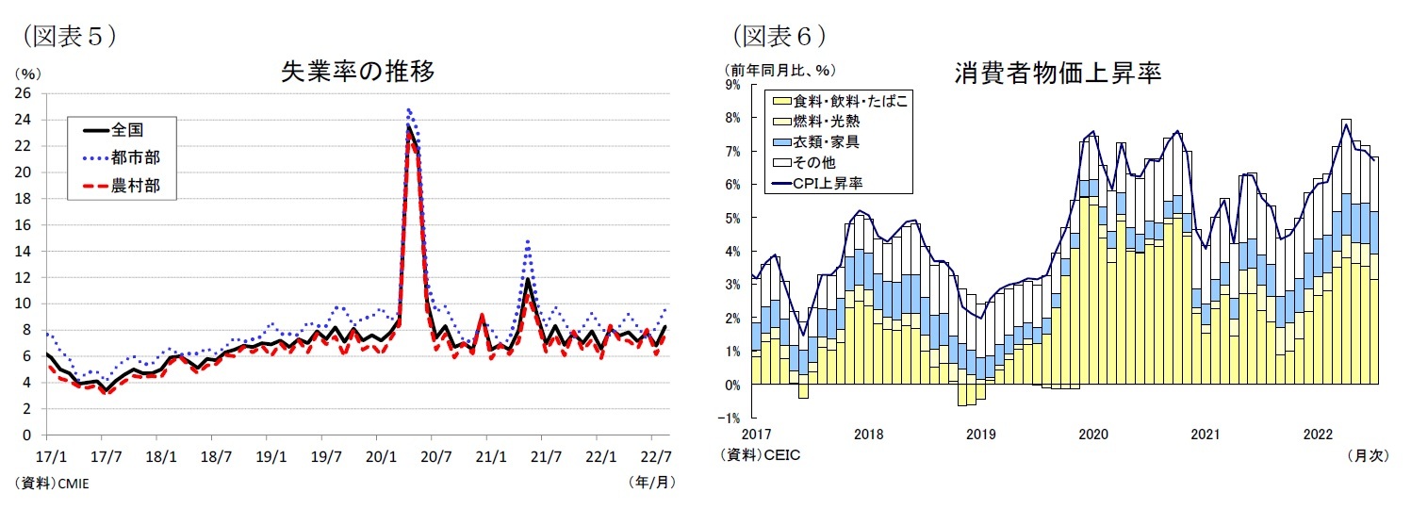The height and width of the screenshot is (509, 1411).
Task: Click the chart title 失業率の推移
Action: [357, 73]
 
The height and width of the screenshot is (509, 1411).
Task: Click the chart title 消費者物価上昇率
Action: [1056, 73]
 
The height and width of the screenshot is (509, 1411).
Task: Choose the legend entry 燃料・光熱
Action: [826, 122]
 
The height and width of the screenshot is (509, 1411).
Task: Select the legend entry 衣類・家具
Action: [826, 142]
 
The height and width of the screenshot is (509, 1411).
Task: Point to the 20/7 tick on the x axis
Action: [432, 454]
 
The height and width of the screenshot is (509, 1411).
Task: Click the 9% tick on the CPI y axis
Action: [733, 85]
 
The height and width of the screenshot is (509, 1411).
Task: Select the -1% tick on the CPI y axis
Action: [731, 419]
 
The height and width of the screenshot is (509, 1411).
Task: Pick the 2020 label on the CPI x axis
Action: [1092, 435]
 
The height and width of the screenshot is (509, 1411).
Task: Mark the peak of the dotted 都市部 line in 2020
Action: [408, 108]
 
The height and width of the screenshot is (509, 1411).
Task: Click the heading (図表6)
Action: [779, 36]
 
